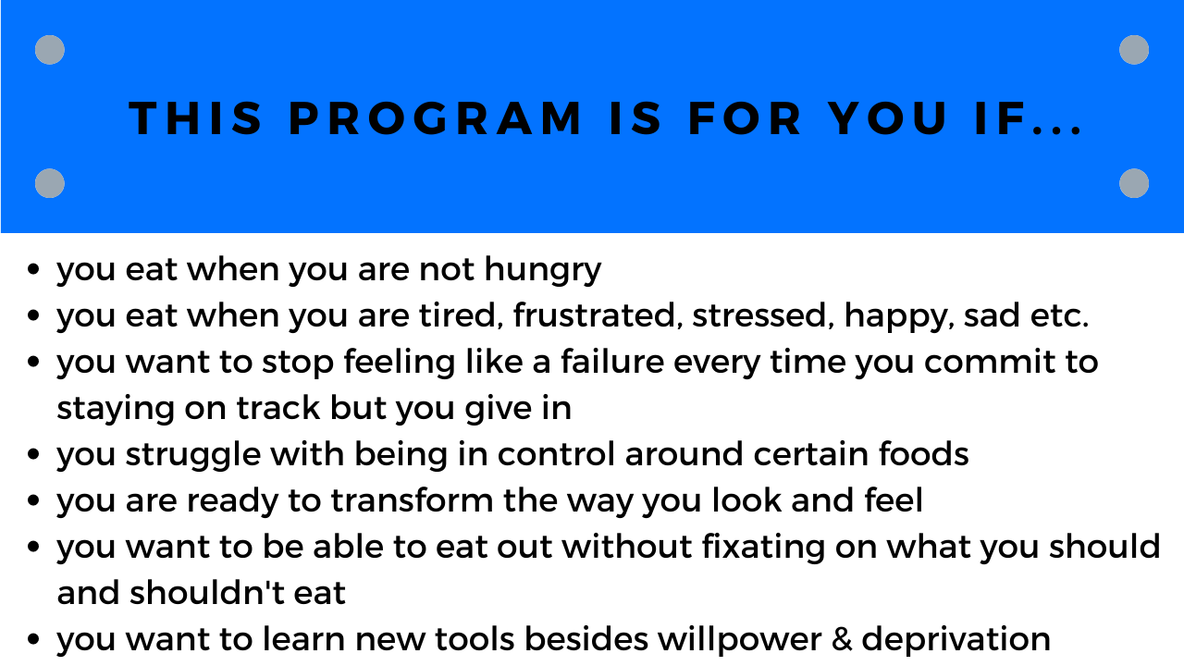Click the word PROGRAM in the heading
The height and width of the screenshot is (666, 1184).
tap(435, 118)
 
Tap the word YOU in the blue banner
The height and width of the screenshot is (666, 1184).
tap(887, 118)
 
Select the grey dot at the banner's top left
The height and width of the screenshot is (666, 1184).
tap(50, 50)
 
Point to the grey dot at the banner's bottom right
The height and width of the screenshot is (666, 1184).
tap(1134, 183)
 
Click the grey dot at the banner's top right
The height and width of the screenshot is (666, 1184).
tap(1134, 50)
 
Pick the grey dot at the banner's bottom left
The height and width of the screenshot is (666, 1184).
tap(50, 183)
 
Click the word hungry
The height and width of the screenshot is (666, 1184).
tap(543, 272)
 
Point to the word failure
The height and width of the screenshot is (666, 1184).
tap(612, 362)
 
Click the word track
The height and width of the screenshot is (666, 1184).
tap(278, 409)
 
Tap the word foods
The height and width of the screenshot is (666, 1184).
tap(923, 454)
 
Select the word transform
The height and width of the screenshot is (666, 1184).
tap(412, 500)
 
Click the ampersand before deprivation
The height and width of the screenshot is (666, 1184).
tap(842, 639)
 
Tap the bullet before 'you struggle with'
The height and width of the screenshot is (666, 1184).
tap(33, 454)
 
